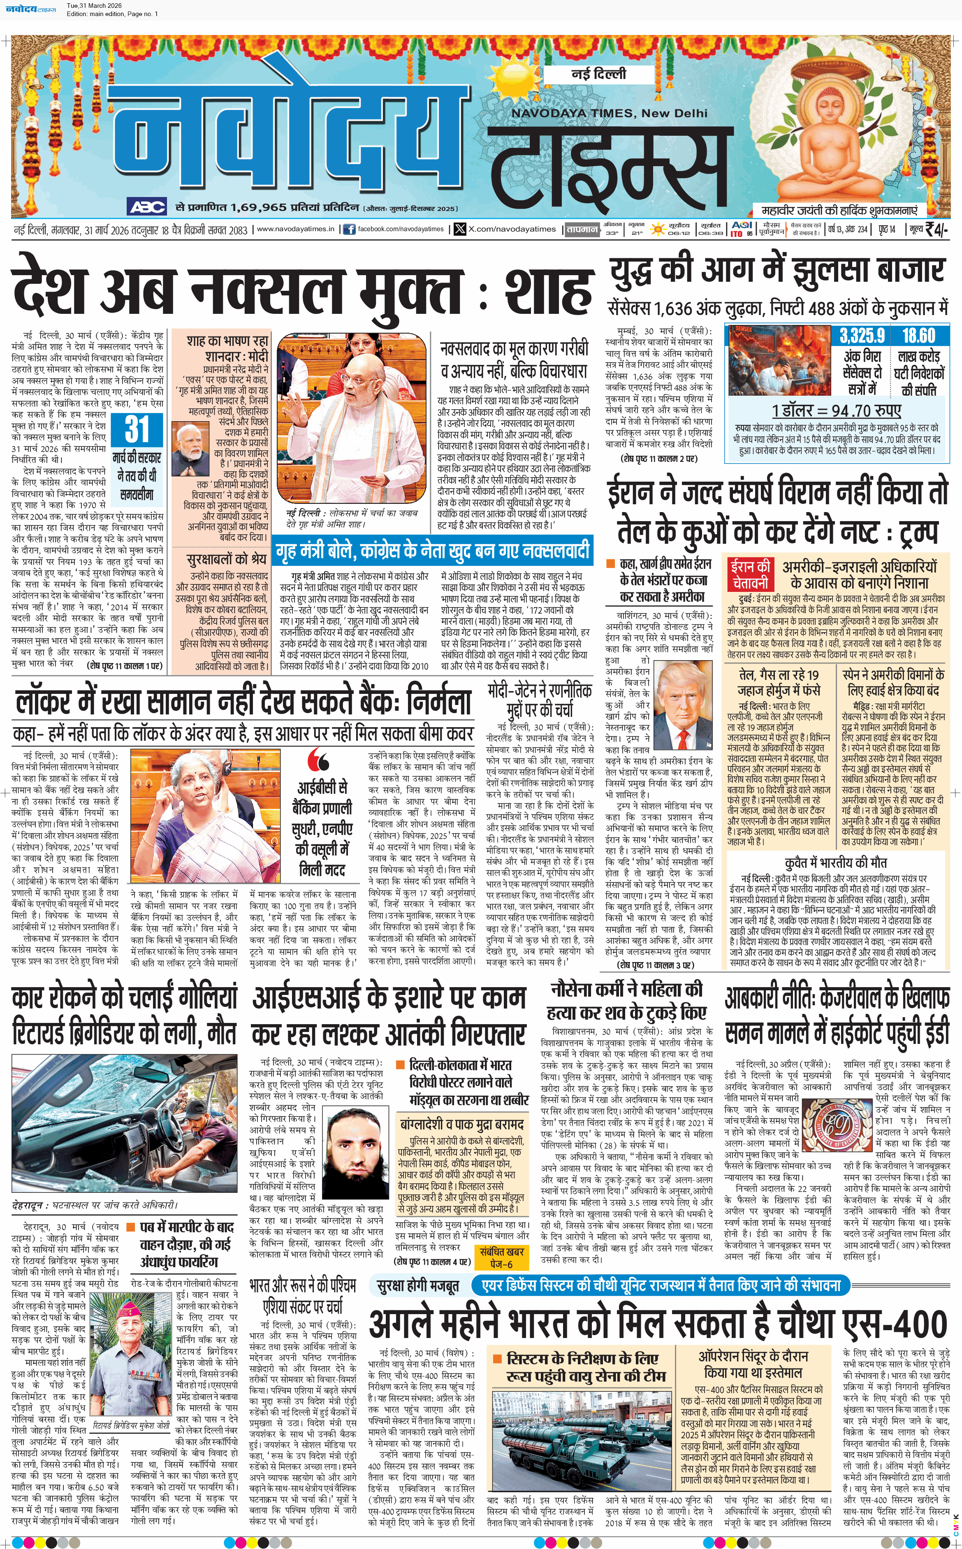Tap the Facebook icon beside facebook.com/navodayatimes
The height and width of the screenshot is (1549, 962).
[x=349, y=229]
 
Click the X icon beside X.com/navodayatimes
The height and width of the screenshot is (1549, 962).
[x=460, y=229]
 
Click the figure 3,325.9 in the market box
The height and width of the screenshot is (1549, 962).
[x=862, y=335]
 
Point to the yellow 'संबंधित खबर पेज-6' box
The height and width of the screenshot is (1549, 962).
[x=503, y=1257]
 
